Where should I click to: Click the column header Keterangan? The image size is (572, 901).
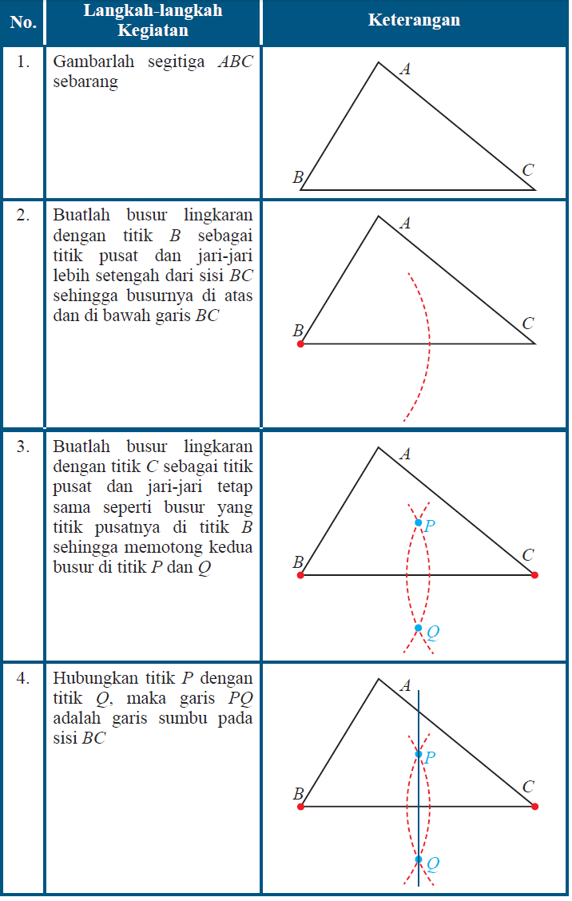click(414, 20)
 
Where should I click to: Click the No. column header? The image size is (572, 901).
click(23, 22)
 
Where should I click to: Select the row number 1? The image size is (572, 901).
click(24, 62)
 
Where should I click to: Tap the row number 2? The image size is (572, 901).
click(24, 215)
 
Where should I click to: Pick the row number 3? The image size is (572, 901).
click(24, 447)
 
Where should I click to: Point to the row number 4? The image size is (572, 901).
click(24, 678)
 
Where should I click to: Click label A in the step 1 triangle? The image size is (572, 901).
click(405, 69)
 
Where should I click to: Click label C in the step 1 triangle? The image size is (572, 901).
click(527, 170)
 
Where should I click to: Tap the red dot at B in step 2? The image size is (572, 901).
click(300, 343)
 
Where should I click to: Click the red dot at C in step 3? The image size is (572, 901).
click(534, 574)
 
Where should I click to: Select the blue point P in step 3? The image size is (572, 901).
click(418, 522)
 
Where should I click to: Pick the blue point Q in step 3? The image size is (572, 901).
click(418, 628)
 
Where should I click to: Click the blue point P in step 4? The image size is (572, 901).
click(418, 753)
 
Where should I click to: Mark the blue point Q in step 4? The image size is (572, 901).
click(418, 859)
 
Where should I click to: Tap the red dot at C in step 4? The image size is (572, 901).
click(534, 806)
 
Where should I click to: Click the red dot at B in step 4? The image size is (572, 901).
click(300, 806)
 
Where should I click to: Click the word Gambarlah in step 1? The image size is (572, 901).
click(89, 62)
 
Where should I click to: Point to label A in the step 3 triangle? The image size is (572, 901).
click(405, 454)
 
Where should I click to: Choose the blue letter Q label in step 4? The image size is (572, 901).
click(432, 863)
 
